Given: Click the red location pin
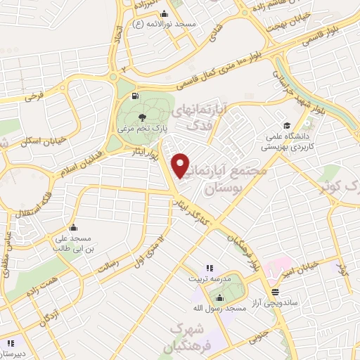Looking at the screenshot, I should pos(181,165).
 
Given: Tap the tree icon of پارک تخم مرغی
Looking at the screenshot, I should pos(142,117).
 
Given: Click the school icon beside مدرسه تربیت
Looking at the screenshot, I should pos(209,268).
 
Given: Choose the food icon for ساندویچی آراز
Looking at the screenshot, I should pos(274,291).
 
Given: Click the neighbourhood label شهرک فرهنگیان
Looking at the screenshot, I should pos(186,337).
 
